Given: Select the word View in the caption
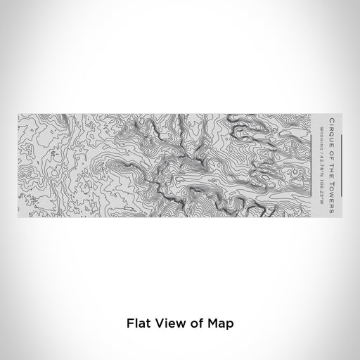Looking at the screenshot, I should (165, 324).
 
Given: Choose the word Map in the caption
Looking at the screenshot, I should (217, 324).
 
